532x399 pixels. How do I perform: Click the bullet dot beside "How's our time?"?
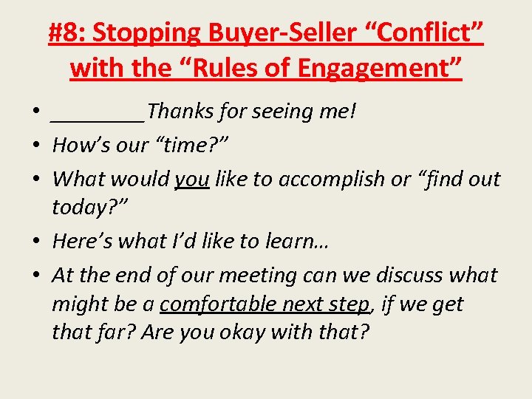coord(35,146)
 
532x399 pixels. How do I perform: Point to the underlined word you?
coord(192,180)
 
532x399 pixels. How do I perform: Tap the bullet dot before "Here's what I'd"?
coord(35,242)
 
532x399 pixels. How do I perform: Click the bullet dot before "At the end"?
coord(35,276)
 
